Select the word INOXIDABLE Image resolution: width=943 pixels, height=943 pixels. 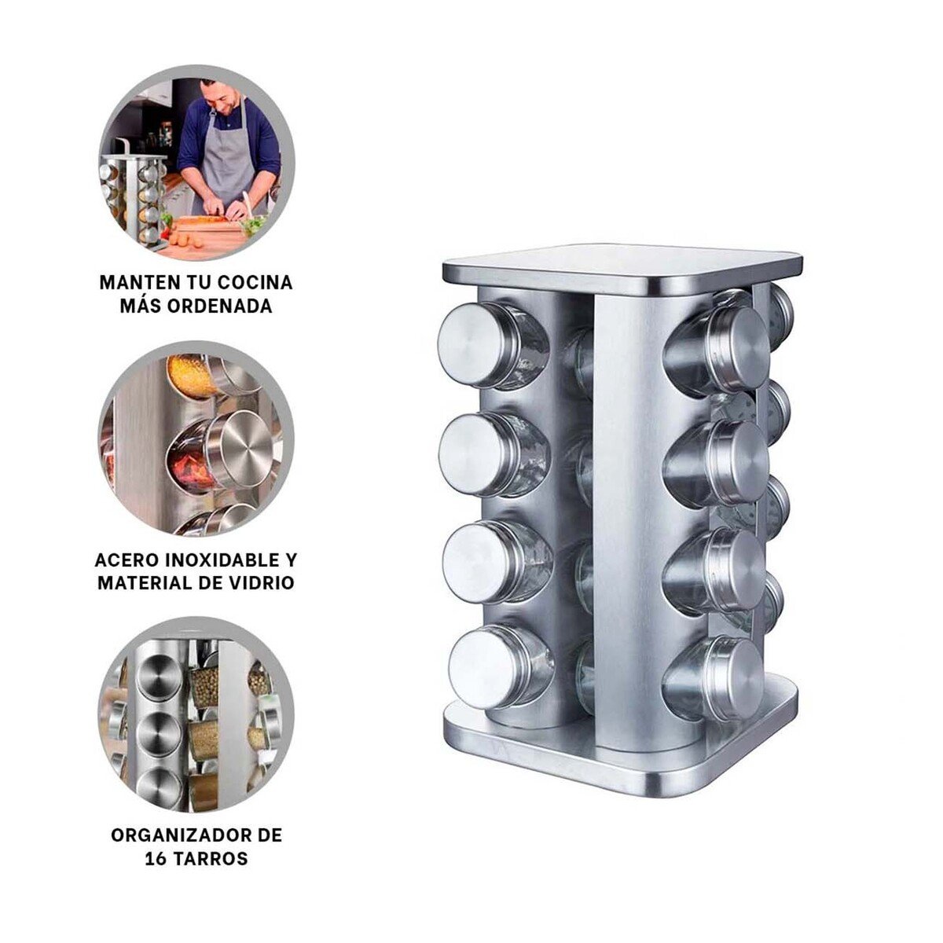point(222,560)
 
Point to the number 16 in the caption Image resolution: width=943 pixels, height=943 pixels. point(155,859)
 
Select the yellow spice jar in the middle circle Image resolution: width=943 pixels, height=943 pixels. point(193,374)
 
